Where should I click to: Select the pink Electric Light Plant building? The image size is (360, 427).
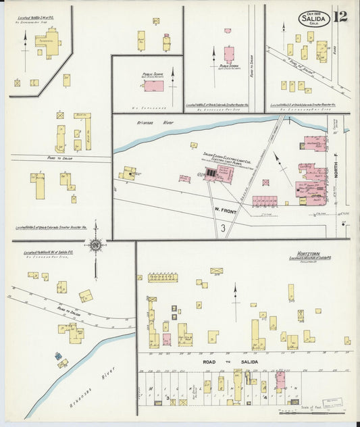coord(219,175)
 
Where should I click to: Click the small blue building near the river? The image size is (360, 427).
coord(58,355)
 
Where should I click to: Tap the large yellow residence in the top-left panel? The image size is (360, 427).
coord(48,41)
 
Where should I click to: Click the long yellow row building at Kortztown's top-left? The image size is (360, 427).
coord(162,277)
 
